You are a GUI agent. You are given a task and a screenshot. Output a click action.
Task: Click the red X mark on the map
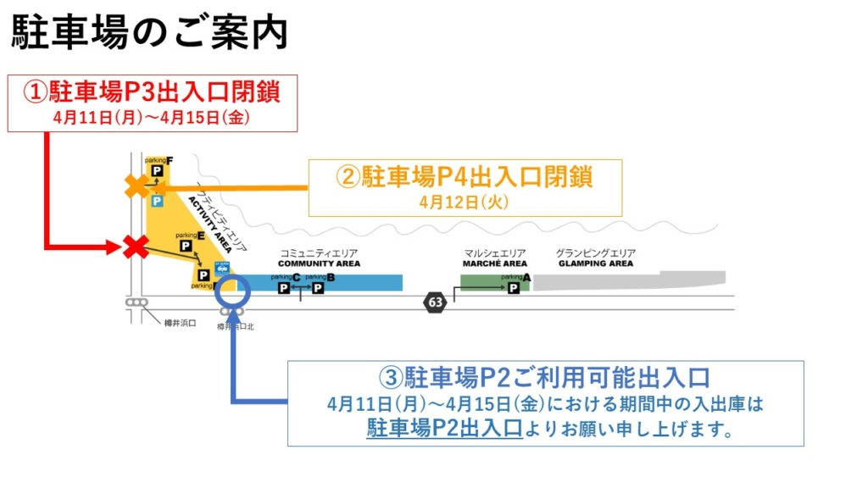tap(135, 247)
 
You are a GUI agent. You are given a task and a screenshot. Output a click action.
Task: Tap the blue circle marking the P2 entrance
tap(232, 292)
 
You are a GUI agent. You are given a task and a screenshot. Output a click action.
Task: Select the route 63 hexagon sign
tap(436, 302)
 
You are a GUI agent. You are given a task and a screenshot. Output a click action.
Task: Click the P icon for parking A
tap(513, 288)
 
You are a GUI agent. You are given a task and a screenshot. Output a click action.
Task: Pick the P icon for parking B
tap(318, 288)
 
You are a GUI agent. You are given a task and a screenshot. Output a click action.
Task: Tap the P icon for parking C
tap(284, 288)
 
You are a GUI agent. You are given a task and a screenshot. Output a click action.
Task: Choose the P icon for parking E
tap(186, 246)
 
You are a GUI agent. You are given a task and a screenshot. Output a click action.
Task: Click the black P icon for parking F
tap(157, 172)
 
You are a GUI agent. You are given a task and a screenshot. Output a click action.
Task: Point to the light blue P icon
tap(157, 202)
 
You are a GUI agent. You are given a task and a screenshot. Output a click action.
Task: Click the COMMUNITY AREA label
tap(319, 263)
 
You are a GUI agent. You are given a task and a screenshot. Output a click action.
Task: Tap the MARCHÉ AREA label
tap(495, 263)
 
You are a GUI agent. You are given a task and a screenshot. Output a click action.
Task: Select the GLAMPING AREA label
tap(596, 263)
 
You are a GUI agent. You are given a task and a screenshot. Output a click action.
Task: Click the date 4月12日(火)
tap(464, 202)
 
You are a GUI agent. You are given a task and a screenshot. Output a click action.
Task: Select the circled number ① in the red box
tap(35, 91)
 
